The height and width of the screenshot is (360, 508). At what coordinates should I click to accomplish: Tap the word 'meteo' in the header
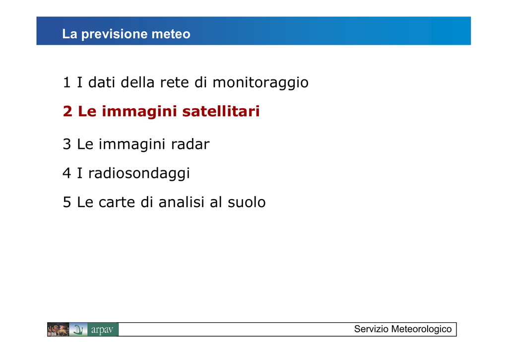171,34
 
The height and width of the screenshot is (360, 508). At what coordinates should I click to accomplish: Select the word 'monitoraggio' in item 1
260,83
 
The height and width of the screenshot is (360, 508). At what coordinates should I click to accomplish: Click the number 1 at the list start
67,82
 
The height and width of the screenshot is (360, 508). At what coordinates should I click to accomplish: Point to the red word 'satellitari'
221,111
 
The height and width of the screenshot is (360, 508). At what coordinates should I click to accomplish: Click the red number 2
67,111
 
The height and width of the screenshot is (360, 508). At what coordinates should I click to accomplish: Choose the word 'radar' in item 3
190,144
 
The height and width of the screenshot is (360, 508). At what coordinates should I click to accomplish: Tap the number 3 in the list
67,144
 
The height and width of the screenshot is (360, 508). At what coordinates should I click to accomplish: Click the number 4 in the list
67,173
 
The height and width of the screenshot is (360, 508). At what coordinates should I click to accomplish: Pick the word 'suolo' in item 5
247,202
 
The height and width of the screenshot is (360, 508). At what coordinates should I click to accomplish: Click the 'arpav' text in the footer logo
102,330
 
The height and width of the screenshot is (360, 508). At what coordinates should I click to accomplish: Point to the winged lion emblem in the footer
59,330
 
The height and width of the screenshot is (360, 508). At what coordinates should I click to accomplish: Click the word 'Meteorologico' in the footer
421,329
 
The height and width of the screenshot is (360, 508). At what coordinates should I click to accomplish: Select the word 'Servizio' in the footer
371,329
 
